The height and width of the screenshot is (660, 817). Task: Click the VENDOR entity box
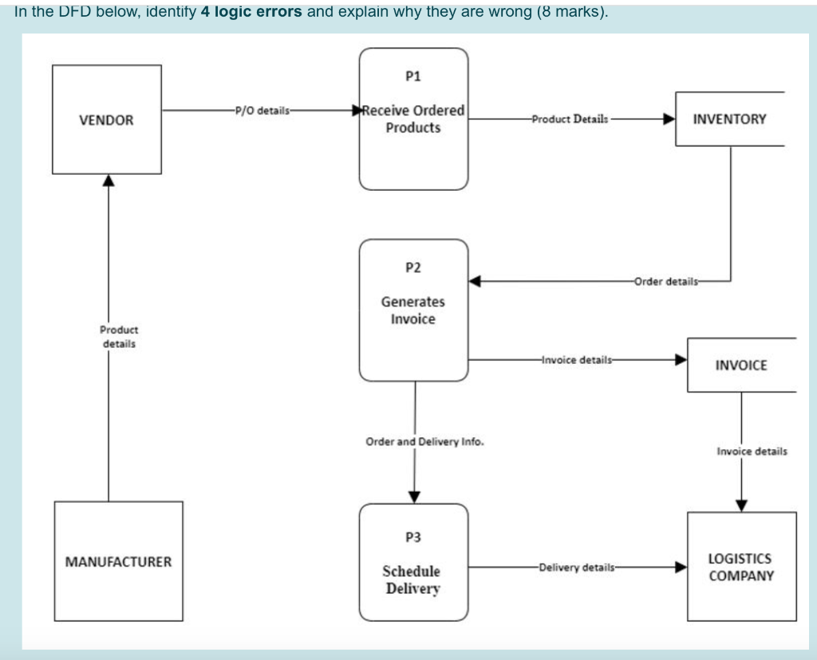tap(106, 120)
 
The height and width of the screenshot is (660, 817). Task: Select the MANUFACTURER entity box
tap(118, 561)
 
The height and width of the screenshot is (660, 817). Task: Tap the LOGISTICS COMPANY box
tap(741, 567)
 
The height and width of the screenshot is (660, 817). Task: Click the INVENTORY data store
tap(729, 119)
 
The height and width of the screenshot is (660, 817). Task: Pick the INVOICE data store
tap(741, 365)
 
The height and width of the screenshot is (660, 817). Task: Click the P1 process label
tap(412, 77)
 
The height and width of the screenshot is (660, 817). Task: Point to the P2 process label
tap(412, 267)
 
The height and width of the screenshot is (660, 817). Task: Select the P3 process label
tap(412, 537)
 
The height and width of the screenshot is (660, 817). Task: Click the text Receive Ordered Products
tap(413, 119)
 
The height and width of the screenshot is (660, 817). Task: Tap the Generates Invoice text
tap(412, 310)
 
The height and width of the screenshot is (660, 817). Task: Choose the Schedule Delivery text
tap(412, 579)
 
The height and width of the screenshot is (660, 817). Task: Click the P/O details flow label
tap(262, 110)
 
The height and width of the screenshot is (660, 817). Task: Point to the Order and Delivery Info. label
tap(424, 441)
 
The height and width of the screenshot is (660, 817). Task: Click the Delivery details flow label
tap(577, 567)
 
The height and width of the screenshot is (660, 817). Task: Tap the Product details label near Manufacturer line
tap(118, 336)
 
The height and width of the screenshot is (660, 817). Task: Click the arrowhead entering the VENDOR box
tap(109, 180)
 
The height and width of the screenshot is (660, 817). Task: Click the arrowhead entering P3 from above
tap(413, 497)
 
